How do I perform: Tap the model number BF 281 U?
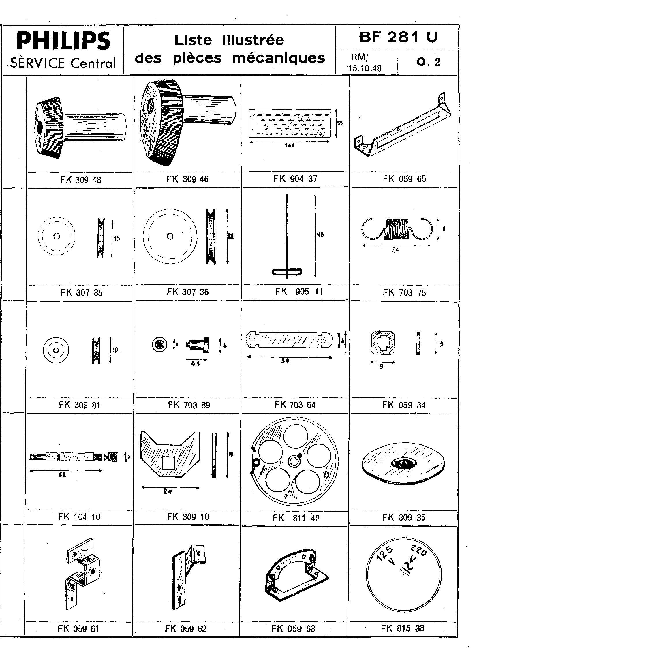pos(398,37)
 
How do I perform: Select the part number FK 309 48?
pos(81,180)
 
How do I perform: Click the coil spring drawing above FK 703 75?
pos(397,228)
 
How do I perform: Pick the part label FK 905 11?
pos(299,292)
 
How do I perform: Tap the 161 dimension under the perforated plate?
pos(290,145)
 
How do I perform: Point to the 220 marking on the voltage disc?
pos(419,551)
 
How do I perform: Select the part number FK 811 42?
pos(296,518)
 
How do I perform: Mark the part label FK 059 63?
pos(293,628)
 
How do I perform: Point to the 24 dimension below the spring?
pos(395,250)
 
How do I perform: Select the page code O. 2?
pos(428,62)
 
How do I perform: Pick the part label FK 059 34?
pos(404,405)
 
